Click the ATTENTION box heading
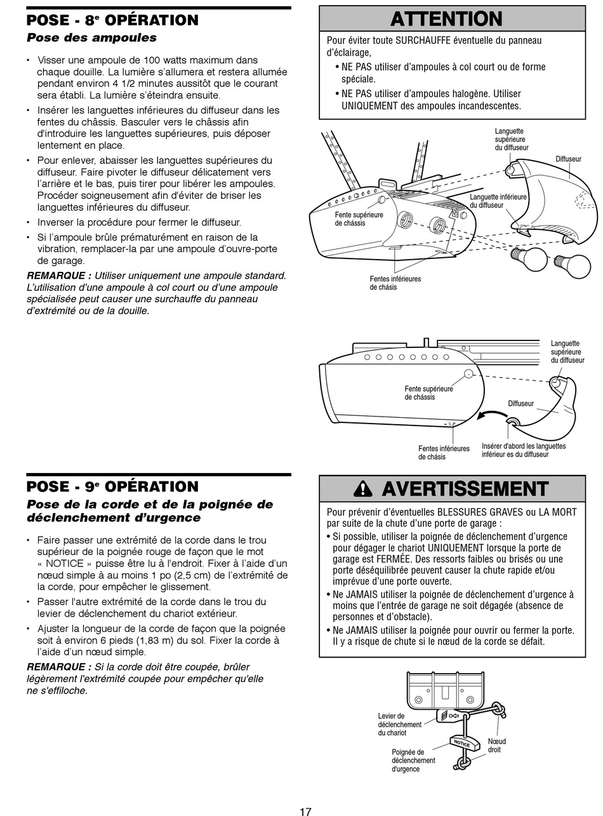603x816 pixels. (x=446, y=19)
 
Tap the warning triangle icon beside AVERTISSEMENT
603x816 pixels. (x=362, y=489)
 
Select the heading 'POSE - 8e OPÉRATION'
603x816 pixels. (x=112, y=20)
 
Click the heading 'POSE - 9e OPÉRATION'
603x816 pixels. (x=112, y=486)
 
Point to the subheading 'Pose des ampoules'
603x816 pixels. (x=91, y=37)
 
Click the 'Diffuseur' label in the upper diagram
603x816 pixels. (x=568, y=159)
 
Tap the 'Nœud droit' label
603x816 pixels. (x=496, y=746)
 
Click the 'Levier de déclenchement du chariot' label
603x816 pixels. (x=399, y=725)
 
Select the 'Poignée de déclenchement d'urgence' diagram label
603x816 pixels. (x=413, y=760)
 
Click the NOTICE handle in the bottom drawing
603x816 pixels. (x=461, y=743)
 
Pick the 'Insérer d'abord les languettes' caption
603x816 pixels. (x=523, y=450)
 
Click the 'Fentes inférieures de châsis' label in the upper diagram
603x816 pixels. (x=395, y=283)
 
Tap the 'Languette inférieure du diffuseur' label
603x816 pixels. (x=498, y=201)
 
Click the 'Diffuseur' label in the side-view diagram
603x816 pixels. (x=520, y=403)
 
